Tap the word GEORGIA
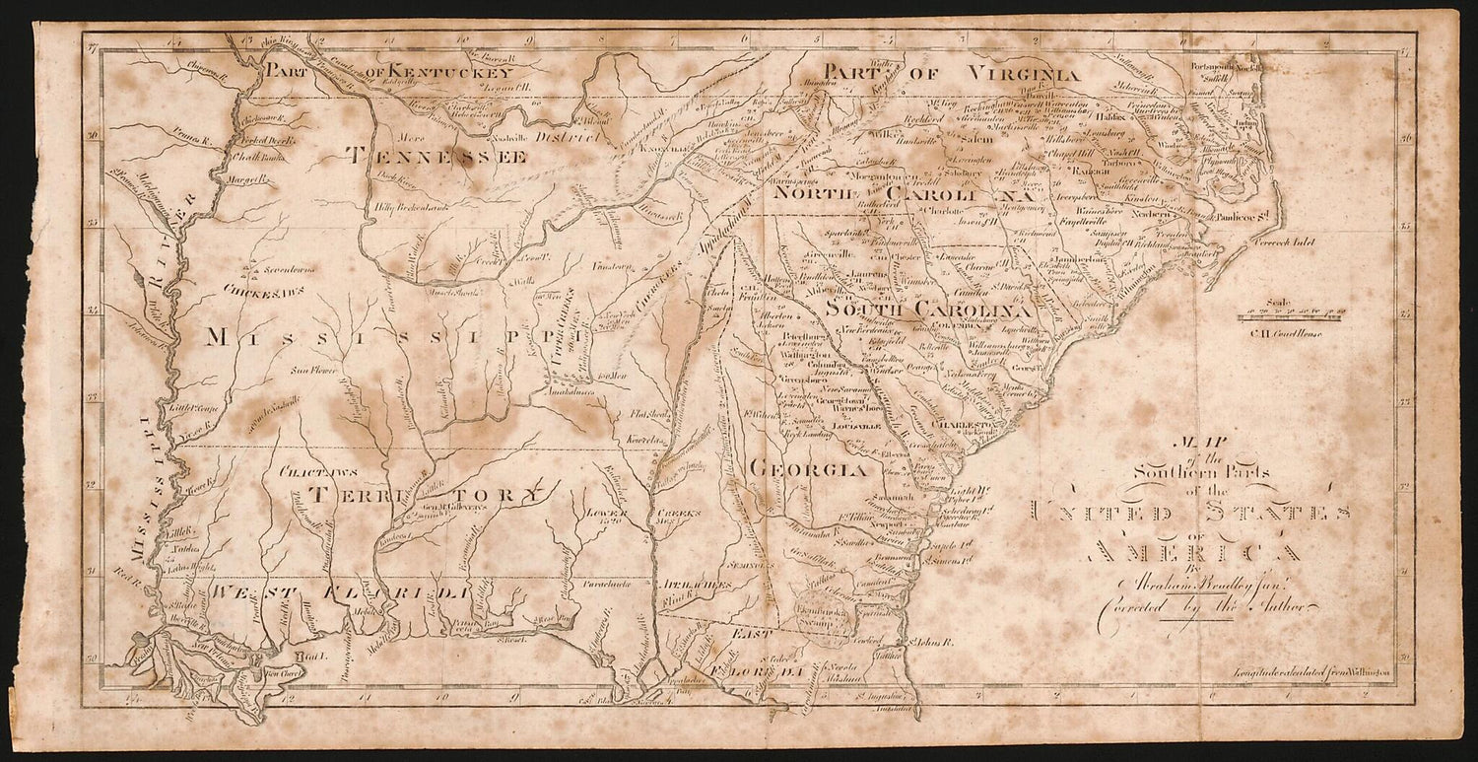pyautogui.click(x=810, y=470)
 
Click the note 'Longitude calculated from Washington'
pyautogui.click(x=1311, y=672)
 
